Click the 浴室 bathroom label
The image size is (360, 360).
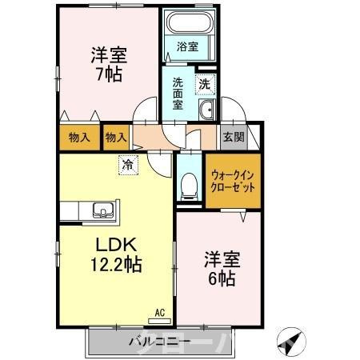(186, 47)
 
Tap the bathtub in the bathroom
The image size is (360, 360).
(186, 24)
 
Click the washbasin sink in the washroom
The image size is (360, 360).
(206, 111)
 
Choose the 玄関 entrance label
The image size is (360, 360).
(234, 137)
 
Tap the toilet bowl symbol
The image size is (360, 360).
(190, 185)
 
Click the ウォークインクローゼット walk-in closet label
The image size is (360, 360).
(234, 180)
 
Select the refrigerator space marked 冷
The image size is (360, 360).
(127, 165)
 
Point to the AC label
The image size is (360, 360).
(158, 313)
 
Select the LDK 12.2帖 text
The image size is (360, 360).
(114, 254)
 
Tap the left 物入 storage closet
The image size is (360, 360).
(78, 138)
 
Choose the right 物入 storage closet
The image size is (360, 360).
(116, 138)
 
